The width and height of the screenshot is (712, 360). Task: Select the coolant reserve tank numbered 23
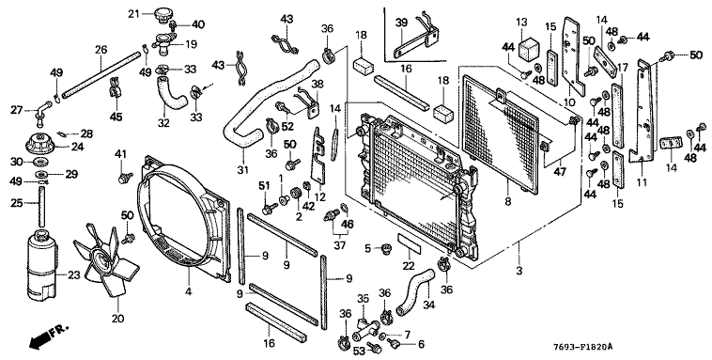(42, 266)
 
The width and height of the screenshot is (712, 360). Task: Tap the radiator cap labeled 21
(162, 15)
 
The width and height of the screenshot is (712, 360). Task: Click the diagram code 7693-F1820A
(582, 347)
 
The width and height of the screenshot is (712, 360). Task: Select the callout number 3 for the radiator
(519, 272)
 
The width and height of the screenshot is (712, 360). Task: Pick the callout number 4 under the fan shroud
(188, 291)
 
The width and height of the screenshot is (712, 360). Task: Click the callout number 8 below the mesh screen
(507, 201)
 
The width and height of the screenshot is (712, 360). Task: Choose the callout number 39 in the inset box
(401, 23)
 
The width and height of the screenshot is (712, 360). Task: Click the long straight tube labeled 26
(100, 75)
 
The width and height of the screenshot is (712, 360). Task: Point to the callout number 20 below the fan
(117, 319)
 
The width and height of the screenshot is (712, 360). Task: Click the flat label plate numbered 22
(410, 244)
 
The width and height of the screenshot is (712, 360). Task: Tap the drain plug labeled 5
(386, 249)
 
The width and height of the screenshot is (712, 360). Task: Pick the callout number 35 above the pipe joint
(363, 299)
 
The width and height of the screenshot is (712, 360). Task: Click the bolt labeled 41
(124, 178)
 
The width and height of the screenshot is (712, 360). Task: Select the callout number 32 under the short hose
(163, 123)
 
